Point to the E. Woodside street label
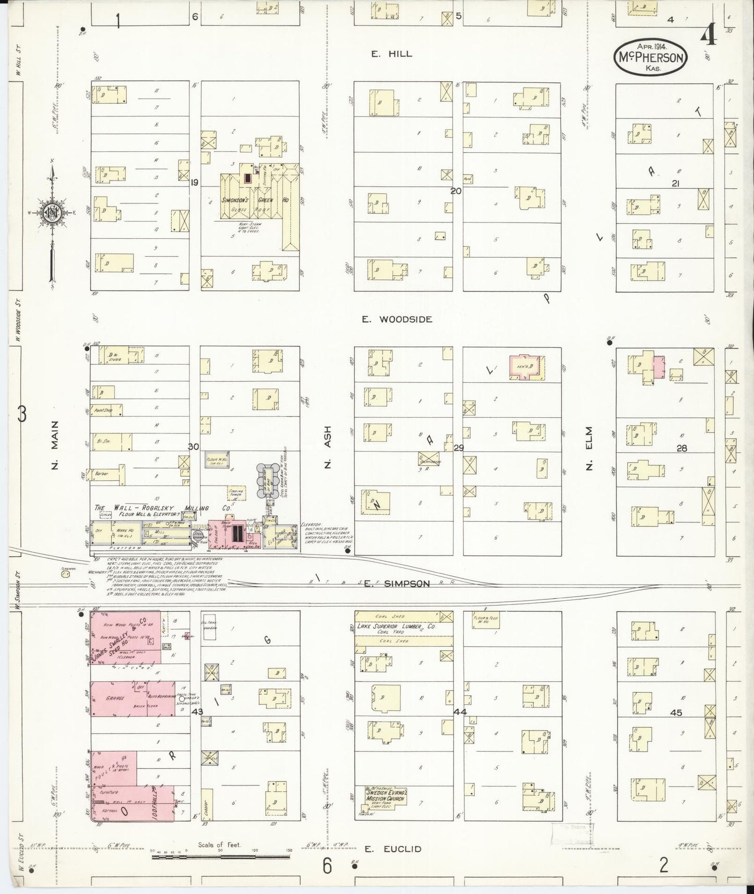pyautogui.click(x=398, y=319)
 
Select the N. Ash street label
pyautogui.click(x=328, y=448)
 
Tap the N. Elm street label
pyautogui.click(x=589, y=449)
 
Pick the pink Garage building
pyautogui.click(x=133, y=698)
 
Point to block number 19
pyautogui.click(x=195, y=182)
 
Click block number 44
pyautogui.click(x=460, y=711)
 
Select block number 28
pyautogui.click(x=681, y=448)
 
